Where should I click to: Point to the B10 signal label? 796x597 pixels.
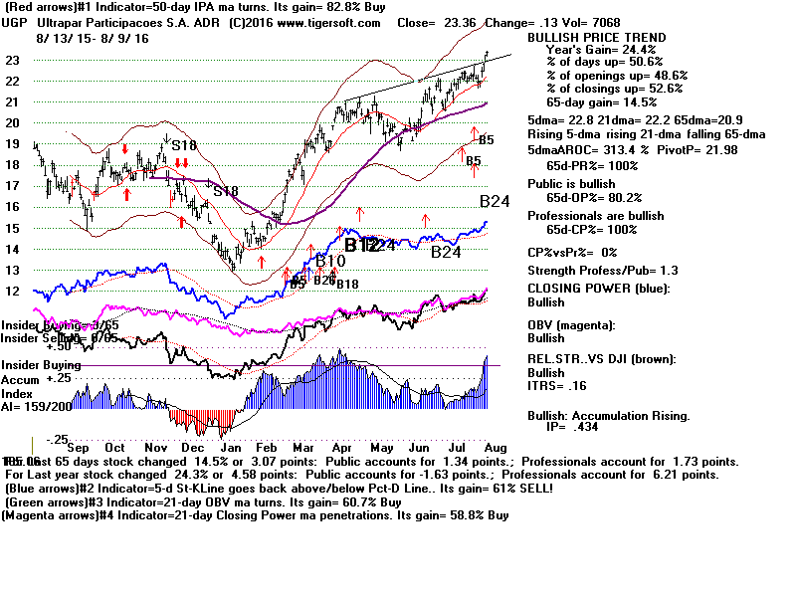pos(331,261)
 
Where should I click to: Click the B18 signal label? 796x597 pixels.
pos(347,286)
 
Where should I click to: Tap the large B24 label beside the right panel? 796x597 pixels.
pos(495,201)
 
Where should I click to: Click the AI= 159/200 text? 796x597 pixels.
pos(38,405)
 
